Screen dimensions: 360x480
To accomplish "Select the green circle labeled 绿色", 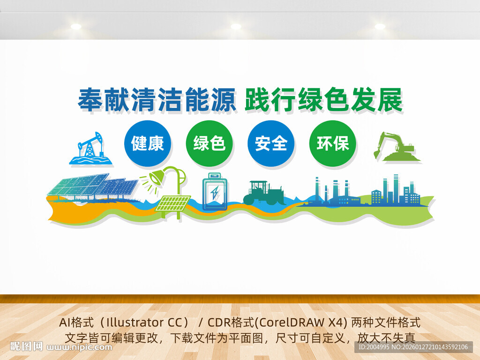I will click(209, 143).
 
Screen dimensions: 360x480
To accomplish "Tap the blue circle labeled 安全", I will click(271, 143).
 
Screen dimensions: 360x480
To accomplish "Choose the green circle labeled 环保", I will click(333, 143).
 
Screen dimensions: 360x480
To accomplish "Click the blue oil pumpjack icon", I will click(91, 149).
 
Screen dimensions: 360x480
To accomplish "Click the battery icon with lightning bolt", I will click(215, 192).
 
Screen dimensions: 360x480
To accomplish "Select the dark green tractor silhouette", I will click(263, 193).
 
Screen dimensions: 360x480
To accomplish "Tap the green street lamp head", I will click(156, 178).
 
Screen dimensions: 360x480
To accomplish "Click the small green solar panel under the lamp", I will click(173, 203).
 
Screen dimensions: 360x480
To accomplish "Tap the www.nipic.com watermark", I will click(80, 347).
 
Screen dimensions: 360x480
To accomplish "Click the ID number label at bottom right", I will click(412, 347).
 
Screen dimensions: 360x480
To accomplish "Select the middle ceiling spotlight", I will click(236, 26).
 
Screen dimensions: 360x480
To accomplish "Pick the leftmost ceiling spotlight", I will click(76, 26).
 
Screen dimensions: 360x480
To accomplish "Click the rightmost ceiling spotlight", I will click(380, 26).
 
